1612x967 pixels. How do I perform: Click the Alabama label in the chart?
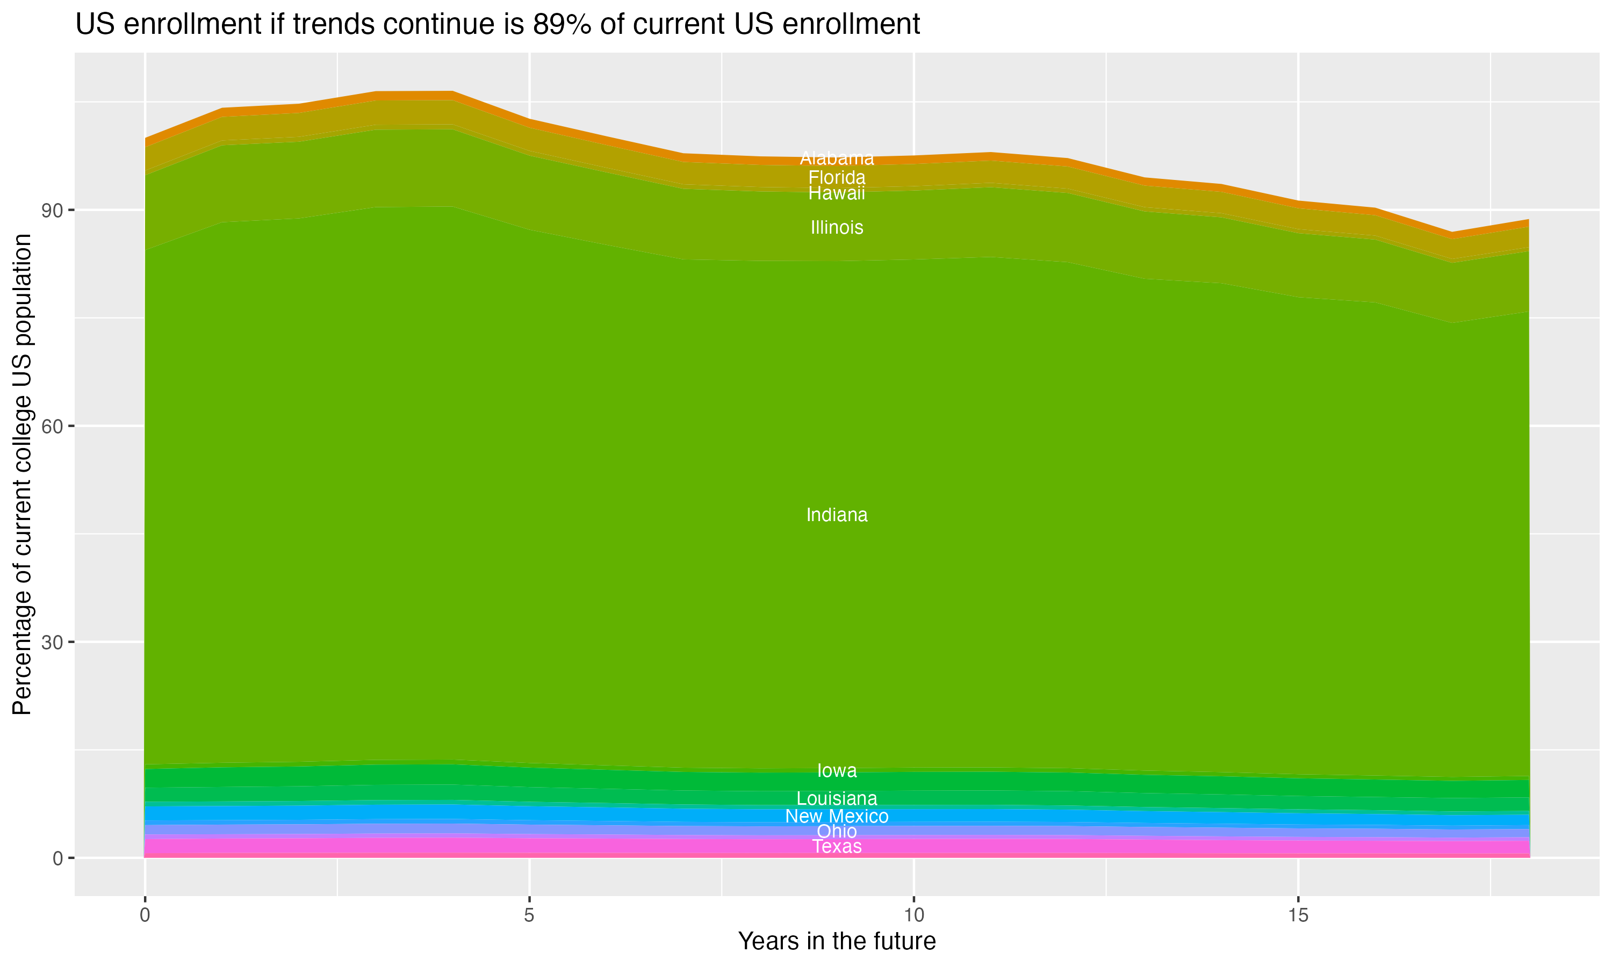click(837, 158)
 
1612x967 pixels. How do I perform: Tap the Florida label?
click(837, 177)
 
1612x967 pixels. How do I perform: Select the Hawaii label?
click(837, 193)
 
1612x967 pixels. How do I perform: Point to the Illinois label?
click(837, 227)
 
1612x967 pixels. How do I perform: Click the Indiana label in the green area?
click(837, 515)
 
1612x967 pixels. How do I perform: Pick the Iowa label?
click(837, 770)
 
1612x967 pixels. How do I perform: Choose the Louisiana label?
click(837, 798)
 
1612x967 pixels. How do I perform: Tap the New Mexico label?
click(837, 816)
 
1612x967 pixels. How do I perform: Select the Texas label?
click(837, 847)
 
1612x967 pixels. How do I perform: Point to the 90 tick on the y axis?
click(52, 211)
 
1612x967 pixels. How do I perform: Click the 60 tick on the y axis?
click(52, 426)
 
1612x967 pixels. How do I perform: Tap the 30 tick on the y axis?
click(52, 643)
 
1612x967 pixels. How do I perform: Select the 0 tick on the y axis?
click(58, 858)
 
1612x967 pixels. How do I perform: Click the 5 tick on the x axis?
click(529, 915)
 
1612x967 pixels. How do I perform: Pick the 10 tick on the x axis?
click(913, 915)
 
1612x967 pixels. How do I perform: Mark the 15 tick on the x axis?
click(1298, 915)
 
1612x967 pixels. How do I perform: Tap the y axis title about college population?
click(22, 474)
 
